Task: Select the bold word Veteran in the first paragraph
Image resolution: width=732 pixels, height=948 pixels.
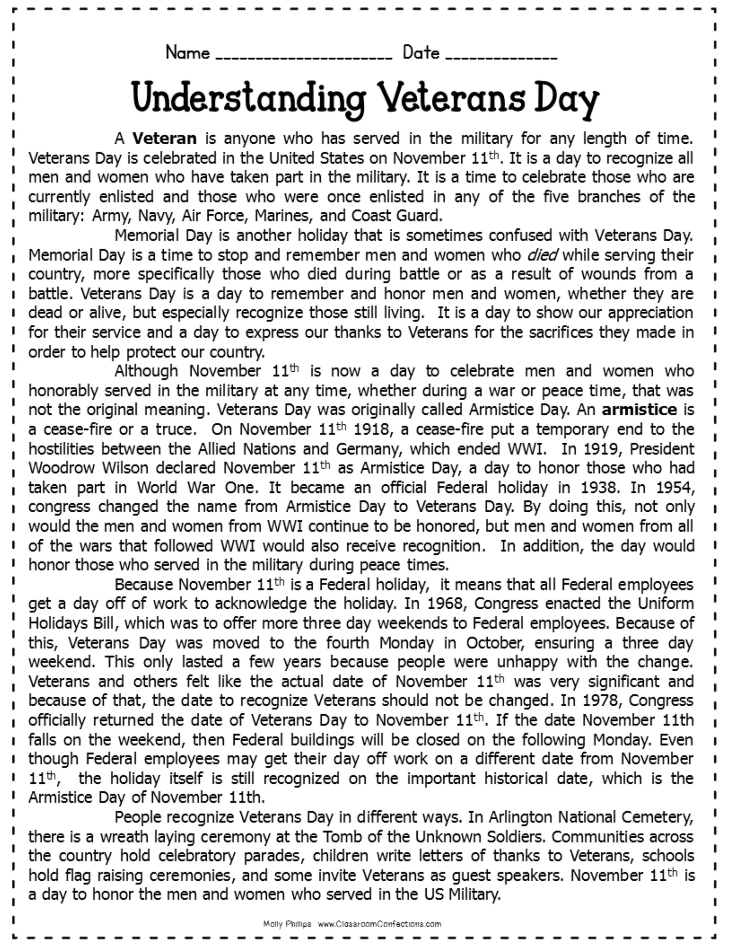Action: coord(165,138)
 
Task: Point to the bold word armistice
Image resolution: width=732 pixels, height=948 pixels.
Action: coord(639,409)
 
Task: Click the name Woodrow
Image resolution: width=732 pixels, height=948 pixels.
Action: coord(60,468)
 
